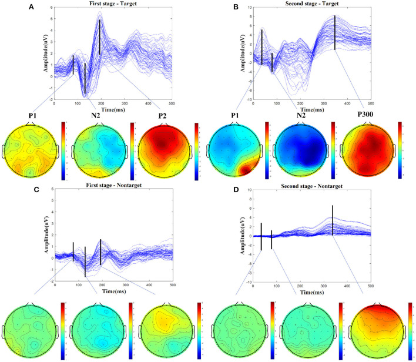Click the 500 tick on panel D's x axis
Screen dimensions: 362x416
371,287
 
